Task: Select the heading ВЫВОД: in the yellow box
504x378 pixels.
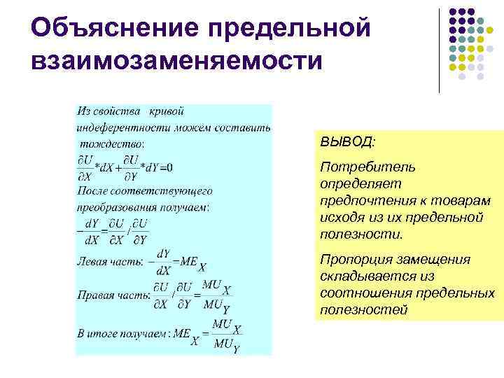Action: click(x=347, y=142)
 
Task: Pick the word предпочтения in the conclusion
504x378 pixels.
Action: click(x=367, y=201)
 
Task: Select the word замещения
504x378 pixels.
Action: click(x=438, y=260)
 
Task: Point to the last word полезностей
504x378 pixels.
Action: click(x=363, y=310)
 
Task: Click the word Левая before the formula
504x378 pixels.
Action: click(x=93, y=262)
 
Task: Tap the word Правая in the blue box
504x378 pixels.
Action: click(x=96, y=295)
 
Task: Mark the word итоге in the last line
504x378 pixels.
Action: click(x=106, y=334)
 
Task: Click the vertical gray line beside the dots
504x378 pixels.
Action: click(x=440, y=49)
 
